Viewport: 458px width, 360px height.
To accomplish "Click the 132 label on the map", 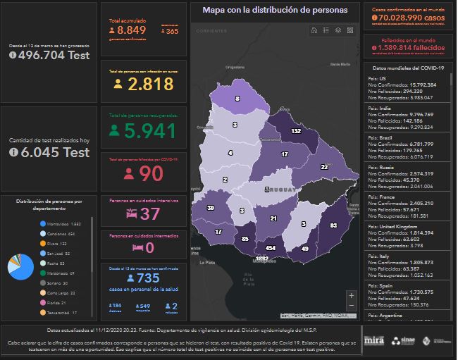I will tap(297, 131).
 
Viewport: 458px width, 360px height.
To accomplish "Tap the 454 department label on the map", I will tap(271, 248).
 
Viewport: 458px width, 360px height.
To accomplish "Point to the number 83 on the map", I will tap(333, 225).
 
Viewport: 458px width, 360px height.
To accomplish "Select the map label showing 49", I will tap(305, 249).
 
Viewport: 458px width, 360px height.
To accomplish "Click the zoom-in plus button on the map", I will tap(351, 295).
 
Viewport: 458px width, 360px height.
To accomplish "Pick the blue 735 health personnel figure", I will tap(149, 278).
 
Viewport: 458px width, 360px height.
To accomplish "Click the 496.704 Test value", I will tap(54, 55).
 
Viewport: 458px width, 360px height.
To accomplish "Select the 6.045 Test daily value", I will tap(54, 151).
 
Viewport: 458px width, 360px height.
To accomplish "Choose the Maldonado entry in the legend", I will tap(62, 273).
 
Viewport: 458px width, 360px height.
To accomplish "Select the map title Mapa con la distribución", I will tap(275, 11).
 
